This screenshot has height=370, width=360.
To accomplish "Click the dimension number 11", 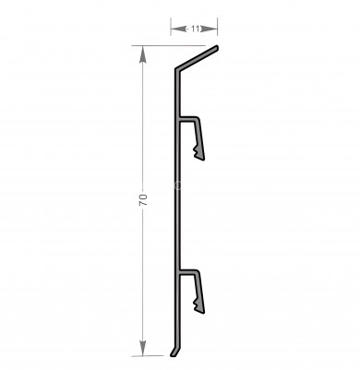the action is point(195,29).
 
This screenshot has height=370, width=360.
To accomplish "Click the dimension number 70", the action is point(144,200).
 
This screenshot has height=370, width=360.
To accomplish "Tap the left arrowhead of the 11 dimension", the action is point(178,29).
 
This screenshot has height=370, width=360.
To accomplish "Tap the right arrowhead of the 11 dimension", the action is point(210,29).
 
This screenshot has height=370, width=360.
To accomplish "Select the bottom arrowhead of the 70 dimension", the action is point(142,348).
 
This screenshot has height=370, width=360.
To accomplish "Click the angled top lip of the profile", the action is point(197,58).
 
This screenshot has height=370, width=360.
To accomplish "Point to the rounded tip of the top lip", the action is point(217,48).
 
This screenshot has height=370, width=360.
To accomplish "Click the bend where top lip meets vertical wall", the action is point(177,69).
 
